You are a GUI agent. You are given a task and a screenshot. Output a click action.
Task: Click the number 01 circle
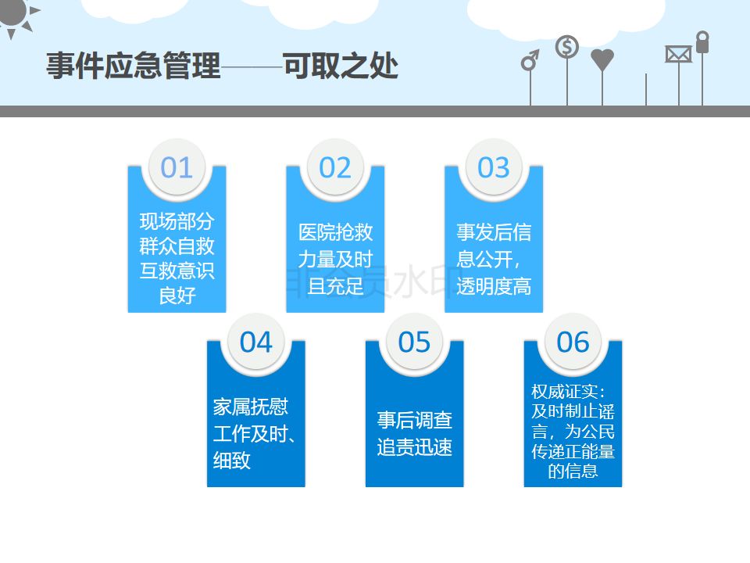point(177,167)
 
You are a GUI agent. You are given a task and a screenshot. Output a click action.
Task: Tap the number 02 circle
point(335,167)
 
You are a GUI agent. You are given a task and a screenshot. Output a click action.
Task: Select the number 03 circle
point(494,167)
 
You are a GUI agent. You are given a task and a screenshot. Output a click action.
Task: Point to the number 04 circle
point(255,342)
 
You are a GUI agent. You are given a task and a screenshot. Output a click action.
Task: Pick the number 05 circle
point(414,342)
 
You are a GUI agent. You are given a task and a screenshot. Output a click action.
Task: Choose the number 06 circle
point(573,342)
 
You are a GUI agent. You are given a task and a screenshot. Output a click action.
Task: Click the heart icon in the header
point(602,59)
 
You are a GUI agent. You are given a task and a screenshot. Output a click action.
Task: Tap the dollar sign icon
point(567,48)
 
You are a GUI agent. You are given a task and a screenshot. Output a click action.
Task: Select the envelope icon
point(678,54)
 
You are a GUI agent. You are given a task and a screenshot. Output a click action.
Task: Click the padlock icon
point(702,42)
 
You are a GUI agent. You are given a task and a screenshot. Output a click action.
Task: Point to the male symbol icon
point(530,60)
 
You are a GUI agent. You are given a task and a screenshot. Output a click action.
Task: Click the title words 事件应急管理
point(134,66)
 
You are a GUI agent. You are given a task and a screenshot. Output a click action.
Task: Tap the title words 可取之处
point(341,66)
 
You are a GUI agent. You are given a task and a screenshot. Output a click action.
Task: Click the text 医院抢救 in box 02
point(335,232)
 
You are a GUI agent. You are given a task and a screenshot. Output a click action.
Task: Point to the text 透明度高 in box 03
point(494,286)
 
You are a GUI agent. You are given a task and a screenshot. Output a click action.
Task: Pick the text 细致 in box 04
point(231,460)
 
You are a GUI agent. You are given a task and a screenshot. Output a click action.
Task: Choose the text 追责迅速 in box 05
point(414,447)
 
